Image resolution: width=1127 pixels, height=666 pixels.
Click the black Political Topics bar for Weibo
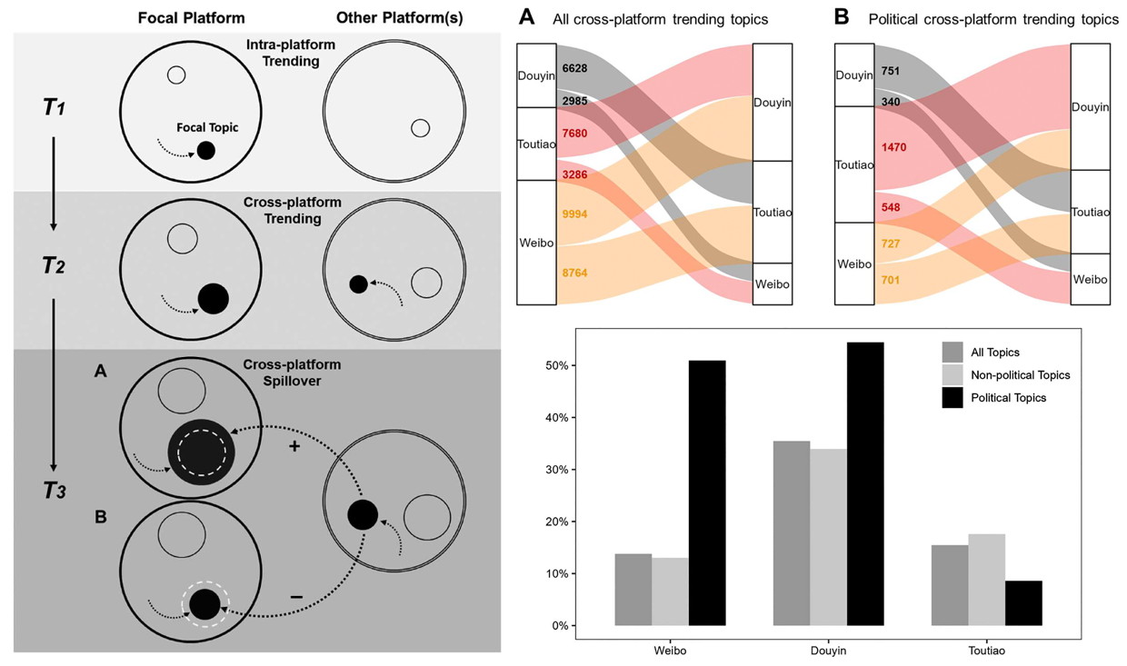tap(707, 493)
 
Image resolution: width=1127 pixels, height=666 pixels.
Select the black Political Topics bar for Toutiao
tap(1023, 603)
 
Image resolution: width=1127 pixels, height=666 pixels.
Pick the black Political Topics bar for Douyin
tap(865, 484)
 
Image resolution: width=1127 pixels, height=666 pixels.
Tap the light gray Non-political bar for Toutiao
tap(987, 580)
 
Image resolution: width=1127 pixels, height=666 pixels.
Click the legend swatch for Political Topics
tap(952, 397)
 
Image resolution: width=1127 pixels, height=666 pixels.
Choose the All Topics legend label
tap(995, 353)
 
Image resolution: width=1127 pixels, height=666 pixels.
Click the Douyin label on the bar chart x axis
tap(828, 651)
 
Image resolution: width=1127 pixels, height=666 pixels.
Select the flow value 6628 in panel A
tap(574, 68)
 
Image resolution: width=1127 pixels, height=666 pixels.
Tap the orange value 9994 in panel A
tap(574, 214)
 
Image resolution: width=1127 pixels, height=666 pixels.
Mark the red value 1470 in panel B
tap(893, 147)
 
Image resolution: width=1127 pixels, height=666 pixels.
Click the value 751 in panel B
tap(890, 71)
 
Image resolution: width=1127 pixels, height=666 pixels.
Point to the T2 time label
tap(54, 265)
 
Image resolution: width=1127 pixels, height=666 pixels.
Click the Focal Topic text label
tap(207, 128)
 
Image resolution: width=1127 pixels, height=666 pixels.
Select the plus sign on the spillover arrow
tap(294, 446)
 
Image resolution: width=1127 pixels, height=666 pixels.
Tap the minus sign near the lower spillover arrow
tap(296, 597)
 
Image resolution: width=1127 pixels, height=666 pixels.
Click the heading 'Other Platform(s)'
tap(400, 18)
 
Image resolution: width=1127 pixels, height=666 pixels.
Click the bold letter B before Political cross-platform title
tap(842, 17)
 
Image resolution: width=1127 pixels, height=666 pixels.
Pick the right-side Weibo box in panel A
tap(773, 283)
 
